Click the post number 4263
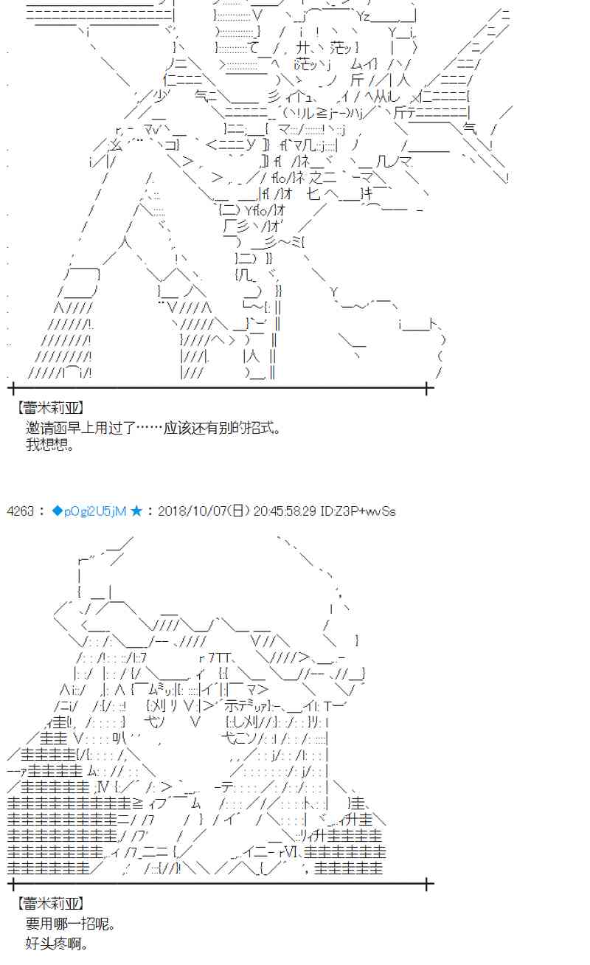(20, 511)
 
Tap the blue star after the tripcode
(136, 511)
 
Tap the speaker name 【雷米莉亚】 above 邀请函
(49, 408)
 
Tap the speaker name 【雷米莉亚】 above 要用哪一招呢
(49, 904)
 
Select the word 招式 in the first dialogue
(259, 427)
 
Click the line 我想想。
(49, 445)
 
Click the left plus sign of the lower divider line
(10, 882)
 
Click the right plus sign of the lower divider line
(428, 882)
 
